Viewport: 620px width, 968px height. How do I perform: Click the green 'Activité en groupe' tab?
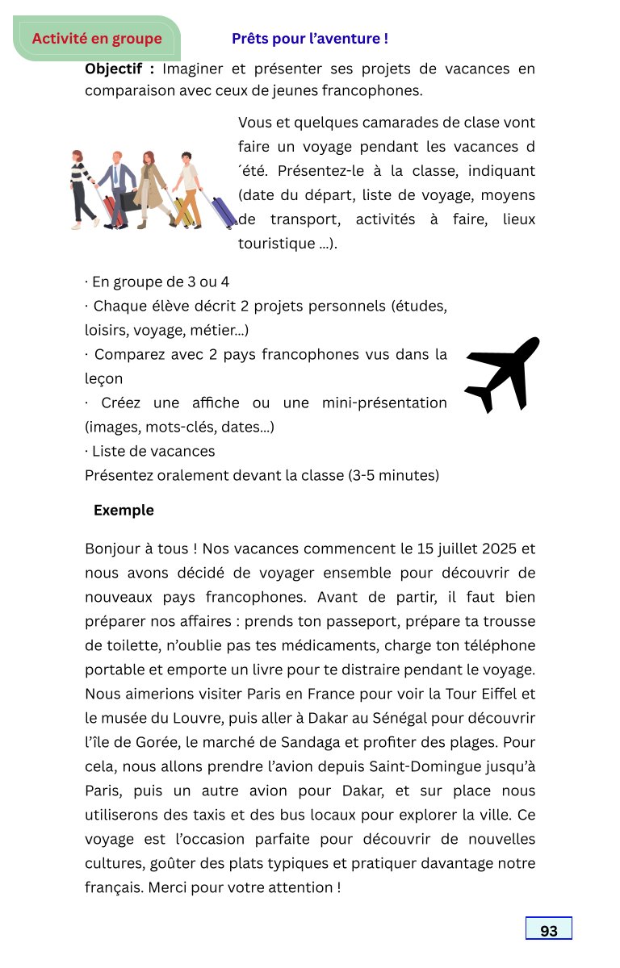[97, 39]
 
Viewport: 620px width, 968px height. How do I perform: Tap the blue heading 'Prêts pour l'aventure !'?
[310, 39]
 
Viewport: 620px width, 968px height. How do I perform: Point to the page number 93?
[549, 931]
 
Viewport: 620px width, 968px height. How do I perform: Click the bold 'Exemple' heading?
[124, 511]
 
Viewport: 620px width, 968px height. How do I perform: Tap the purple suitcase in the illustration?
[222, 211]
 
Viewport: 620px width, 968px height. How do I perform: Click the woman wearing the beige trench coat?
[150, 186]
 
